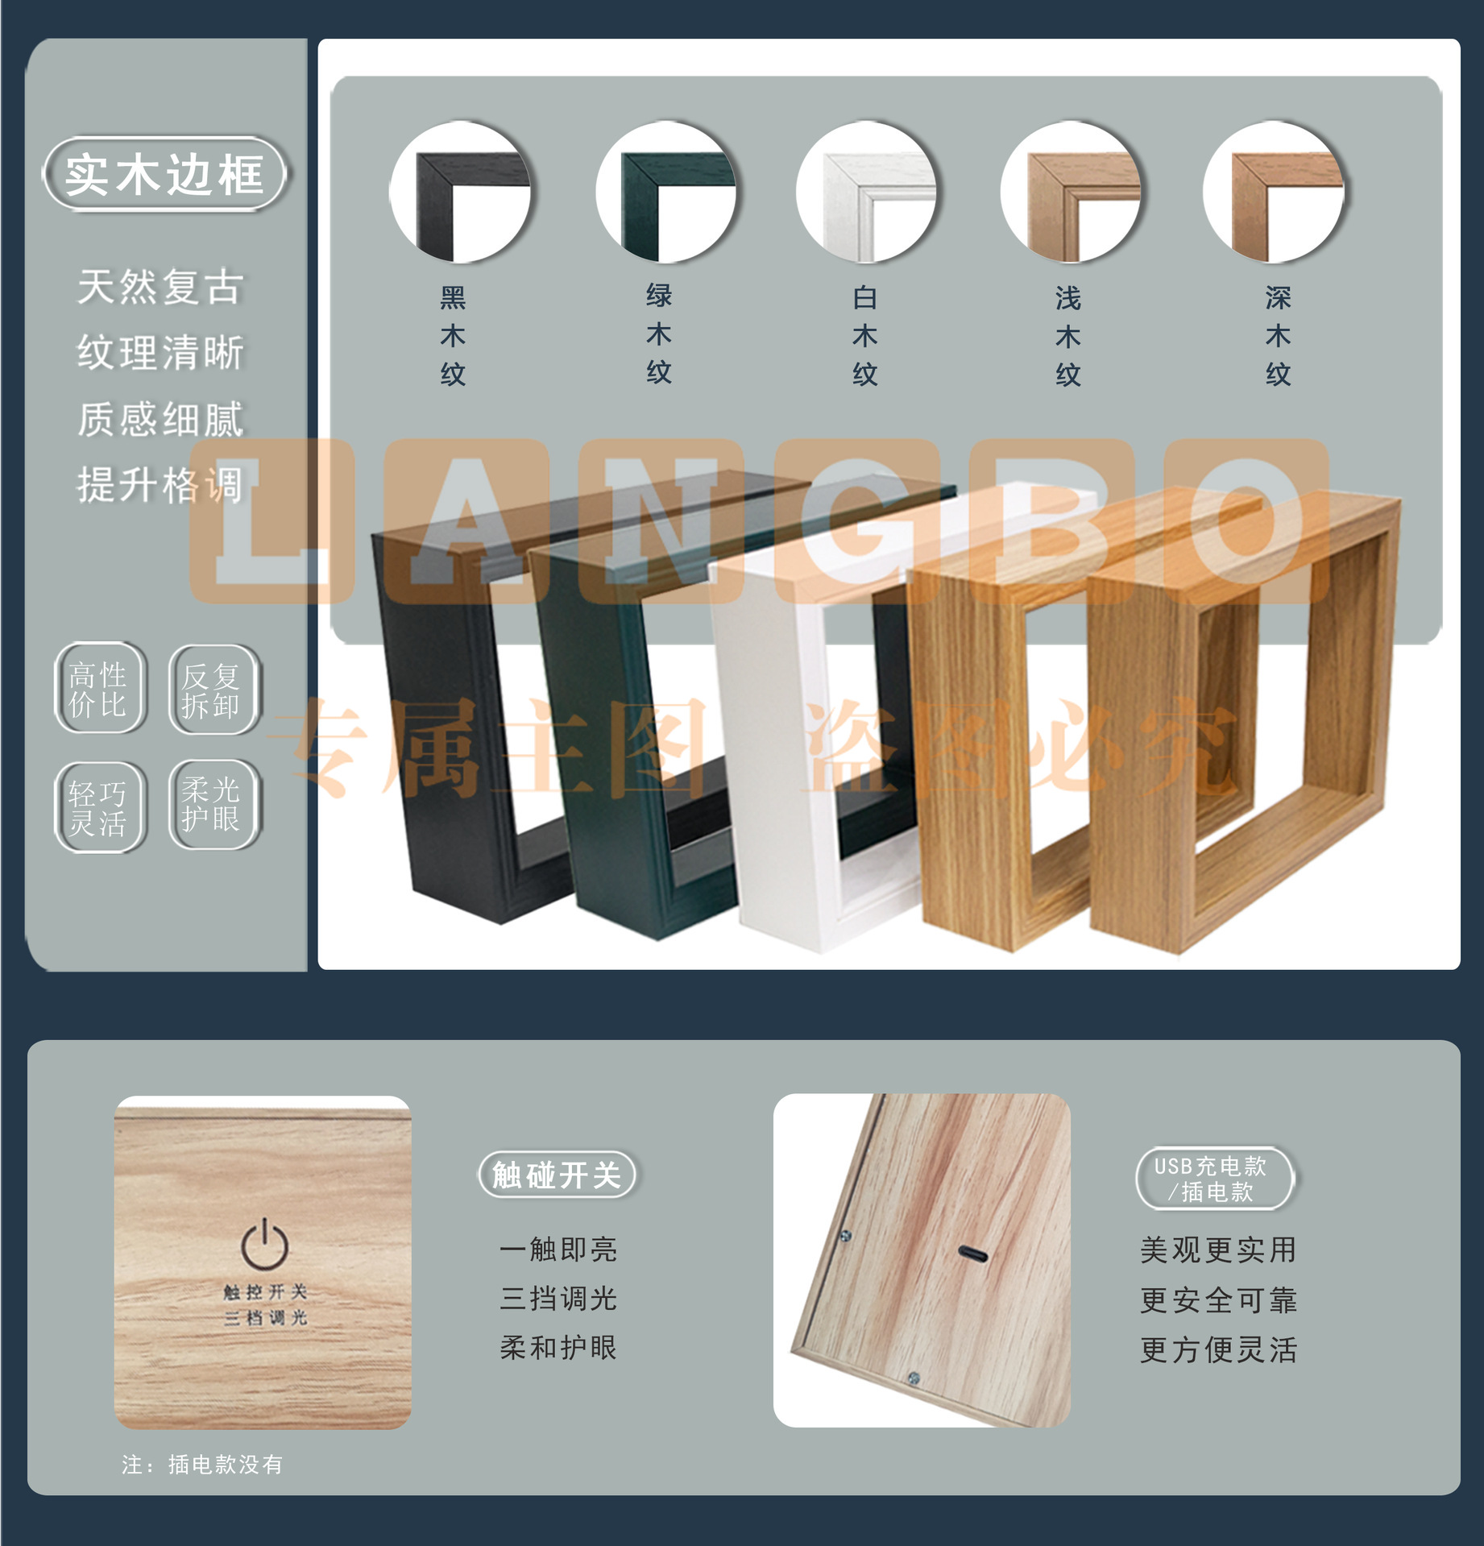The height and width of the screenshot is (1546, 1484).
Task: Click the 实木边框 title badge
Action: coord(165,174)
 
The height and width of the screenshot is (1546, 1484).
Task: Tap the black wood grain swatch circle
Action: coord(460,193)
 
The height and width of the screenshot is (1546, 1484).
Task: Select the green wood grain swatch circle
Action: coord(666,193)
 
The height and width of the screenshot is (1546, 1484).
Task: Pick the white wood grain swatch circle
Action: coord(867,193)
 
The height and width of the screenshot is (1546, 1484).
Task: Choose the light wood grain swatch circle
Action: coord(1071,193)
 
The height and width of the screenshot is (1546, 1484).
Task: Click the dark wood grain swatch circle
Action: coord(1274,193)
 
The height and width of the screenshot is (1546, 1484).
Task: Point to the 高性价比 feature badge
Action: coord(100,688)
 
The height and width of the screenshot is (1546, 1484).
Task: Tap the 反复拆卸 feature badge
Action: coord(213,690)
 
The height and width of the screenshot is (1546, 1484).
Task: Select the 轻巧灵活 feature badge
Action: coord(100,807)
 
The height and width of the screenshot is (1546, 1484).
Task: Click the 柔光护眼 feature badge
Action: coord(213,804)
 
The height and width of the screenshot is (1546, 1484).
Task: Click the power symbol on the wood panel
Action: coord(265,1243)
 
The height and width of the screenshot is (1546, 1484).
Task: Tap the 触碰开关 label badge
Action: coord(558,1175)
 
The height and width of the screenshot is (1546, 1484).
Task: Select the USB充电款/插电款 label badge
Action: coord(1214,1178)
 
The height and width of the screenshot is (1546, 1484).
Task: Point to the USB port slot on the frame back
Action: coord(973,1254)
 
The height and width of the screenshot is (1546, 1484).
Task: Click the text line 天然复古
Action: coord(160,287)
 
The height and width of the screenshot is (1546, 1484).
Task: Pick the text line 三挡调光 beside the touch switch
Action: coord(558,1298)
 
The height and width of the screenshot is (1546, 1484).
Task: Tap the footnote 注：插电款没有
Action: coord(202,1464)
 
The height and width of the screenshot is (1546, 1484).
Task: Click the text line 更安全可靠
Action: coord(1218,1299)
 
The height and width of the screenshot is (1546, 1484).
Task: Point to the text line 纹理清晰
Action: coord(160,353)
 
